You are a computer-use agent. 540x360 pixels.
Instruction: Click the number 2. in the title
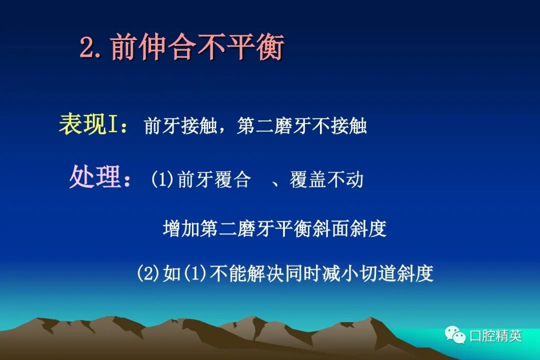pos(91,47)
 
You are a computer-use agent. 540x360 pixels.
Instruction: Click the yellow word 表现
pos(82,123)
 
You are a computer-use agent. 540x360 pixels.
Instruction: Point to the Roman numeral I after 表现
pos(112,124)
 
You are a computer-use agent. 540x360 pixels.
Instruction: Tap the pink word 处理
pos(94,176)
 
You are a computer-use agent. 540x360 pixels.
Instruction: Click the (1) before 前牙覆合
pos(162,179)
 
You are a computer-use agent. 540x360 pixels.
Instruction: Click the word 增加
pos(181,228)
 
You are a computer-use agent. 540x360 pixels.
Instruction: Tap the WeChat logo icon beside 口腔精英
pos(455,335)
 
